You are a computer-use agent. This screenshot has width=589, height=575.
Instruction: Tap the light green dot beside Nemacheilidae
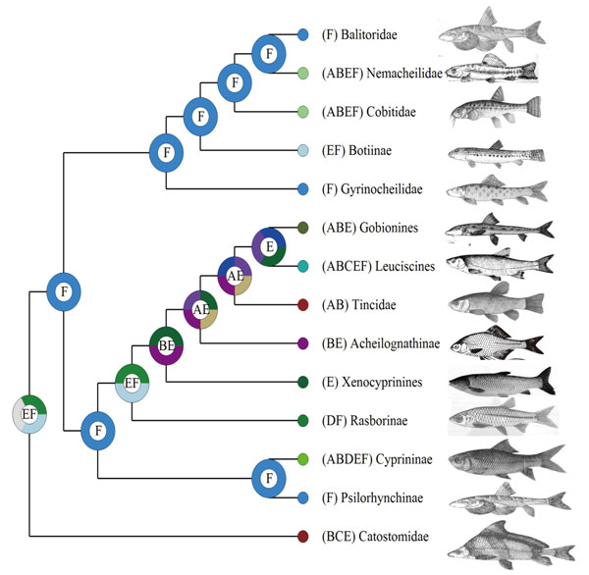[304, 73]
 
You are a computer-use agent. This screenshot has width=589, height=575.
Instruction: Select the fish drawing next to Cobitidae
[493, 113]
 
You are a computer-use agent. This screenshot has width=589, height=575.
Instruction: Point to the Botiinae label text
[360, 151]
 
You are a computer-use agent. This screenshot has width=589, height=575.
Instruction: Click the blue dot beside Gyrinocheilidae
[304, 188]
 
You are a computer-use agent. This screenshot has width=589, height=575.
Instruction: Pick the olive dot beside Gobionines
[304, 228]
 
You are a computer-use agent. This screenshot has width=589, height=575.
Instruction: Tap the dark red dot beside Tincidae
[304, 304]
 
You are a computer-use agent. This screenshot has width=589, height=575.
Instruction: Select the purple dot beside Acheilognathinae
[304, 343]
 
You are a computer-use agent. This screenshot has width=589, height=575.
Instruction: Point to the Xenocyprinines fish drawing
[499, 381]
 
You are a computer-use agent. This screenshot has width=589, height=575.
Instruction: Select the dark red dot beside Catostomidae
[304, 536]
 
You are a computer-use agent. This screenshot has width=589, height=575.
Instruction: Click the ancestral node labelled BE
[166, 344]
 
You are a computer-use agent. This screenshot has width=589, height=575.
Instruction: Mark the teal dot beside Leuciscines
[304, 266]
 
